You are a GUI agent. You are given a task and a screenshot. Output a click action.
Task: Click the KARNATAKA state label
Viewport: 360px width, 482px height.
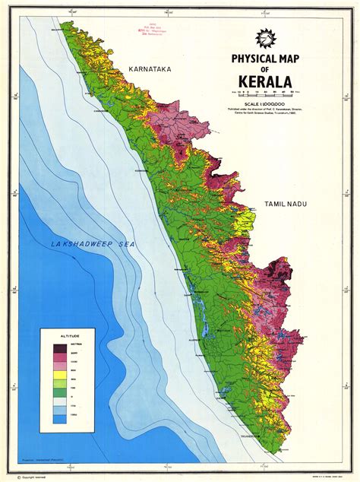[151, 69]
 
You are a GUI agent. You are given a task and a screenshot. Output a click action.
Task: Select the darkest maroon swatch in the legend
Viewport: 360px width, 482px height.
[59, 349]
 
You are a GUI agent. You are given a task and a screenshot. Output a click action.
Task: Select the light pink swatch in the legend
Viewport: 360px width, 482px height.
[59, 366]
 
